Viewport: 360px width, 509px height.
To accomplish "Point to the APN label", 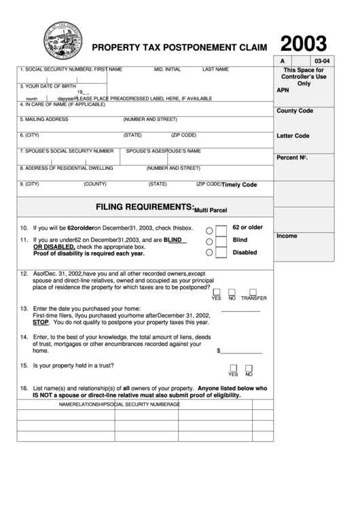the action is coord(283,90).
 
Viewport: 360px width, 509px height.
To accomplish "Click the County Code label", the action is coord(295,110).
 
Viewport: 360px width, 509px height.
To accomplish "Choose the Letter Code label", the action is coord(293,135).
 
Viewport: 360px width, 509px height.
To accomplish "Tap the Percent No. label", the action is coord(293,158).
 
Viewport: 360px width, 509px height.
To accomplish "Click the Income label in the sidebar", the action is coord(286,236).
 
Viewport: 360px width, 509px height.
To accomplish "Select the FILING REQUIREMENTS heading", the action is coord(145,206).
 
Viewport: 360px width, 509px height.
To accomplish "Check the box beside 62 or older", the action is coord(221,229).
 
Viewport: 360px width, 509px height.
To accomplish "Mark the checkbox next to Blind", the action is coord(221,241).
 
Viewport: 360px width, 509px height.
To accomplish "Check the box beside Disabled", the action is coord(221,252).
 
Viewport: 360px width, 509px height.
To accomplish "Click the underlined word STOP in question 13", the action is coord(40,323).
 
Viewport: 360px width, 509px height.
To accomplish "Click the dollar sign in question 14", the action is coord(218,351).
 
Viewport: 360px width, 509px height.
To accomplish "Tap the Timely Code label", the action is coord(239,185).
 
